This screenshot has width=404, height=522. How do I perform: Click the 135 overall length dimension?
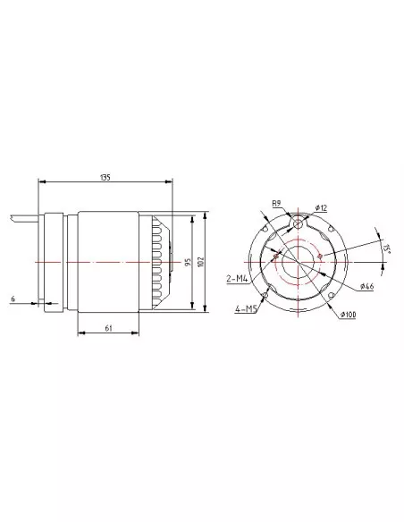click(x=105, y=177)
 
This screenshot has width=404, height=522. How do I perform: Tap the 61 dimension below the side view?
click(x=108, y=328)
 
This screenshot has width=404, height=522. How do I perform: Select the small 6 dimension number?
click(x=13, y=299)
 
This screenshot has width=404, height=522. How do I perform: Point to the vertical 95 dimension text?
click(x=188, y=262)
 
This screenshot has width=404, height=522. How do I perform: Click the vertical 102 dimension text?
click(x=200, y=262)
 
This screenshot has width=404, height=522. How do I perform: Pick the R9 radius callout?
click(x=276, y=203)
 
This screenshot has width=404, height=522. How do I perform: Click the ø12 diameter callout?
click(x=321, y=208)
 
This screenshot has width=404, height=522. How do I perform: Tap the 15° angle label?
click(x=386, y=248)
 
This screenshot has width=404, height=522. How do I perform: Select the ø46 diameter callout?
click(x=367, y=286)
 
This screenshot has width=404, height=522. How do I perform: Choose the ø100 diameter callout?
click(x=348, y=315)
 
